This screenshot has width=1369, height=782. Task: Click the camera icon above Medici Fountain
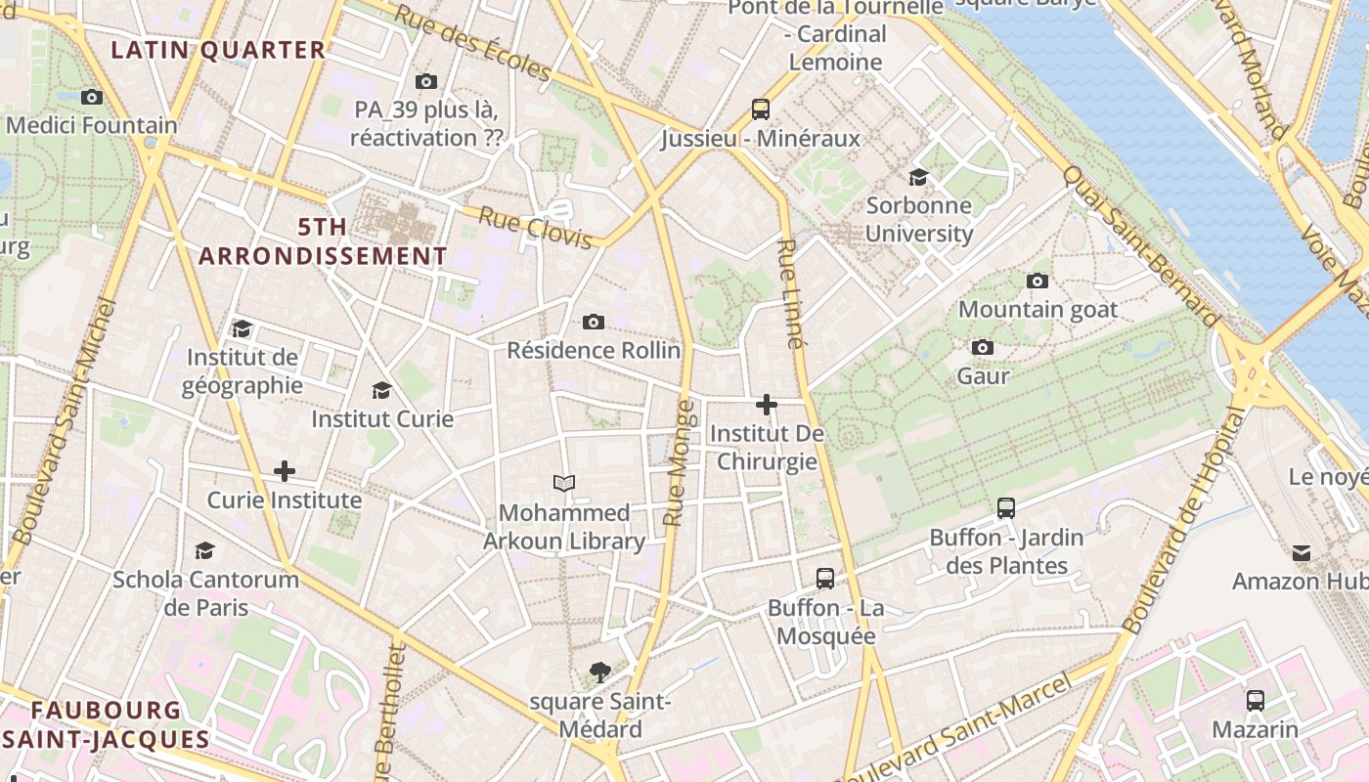[92, 97]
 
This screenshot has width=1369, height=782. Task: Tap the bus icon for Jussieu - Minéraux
[761, 109]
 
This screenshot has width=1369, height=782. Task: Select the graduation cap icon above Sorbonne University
[918, 177]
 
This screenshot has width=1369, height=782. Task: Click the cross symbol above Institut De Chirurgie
[767, 404]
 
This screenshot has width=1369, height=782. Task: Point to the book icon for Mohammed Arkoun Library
[564, 483]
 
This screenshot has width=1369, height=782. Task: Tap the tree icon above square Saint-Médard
[600, 672]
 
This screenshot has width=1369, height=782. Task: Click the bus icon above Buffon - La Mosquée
[825, 578]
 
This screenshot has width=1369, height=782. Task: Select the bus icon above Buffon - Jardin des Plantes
[1006, 507]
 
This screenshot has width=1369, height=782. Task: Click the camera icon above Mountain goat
[1038, 281]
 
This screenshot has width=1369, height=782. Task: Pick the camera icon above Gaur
[983, 347]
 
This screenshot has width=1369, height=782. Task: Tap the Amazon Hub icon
[1302, 552]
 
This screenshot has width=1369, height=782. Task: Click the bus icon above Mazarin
[1256, 700]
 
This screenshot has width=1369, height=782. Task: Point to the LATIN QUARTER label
[218, 50]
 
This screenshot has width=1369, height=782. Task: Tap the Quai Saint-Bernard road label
[1141, 244]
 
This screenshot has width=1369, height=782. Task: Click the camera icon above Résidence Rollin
[594, 322]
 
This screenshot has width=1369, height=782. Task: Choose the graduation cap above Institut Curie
[381, 390]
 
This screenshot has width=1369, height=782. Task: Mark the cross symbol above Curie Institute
[285, 471]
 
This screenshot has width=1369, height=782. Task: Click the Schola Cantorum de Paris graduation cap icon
[204, 550]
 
